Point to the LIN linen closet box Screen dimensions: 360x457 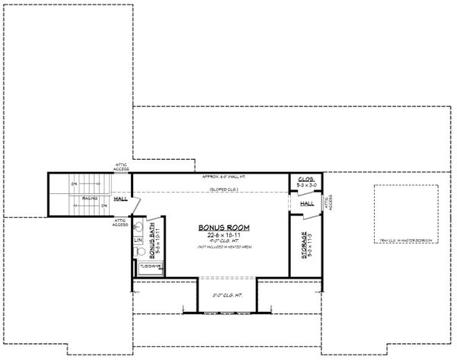(139, 241)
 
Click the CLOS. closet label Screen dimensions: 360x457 (306, 178)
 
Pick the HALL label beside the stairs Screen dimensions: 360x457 (120, 200)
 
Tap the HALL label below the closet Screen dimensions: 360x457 (308, 203)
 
